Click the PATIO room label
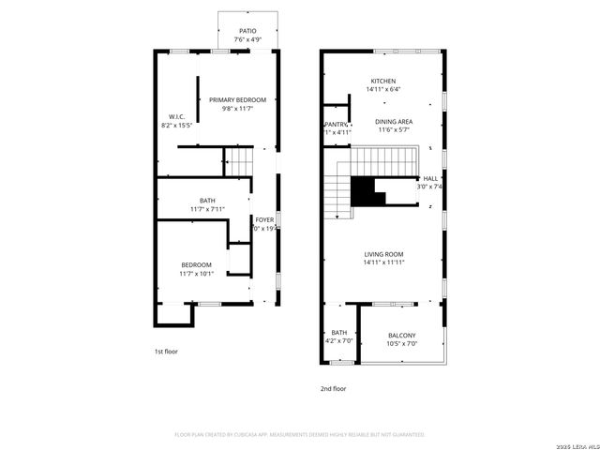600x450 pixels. coord(247,31)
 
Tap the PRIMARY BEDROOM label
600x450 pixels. coord(237,100)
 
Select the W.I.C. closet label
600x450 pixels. coord(176,117)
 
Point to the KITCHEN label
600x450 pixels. coord(382,82)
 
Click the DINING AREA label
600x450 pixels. coord(395,122)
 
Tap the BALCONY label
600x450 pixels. coord(401,336)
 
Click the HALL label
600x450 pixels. coord(430,178)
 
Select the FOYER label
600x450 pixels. coord(264,219)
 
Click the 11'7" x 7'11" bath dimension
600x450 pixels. coord(207,209)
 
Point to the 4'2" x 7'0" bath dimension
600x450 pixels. coord(338,341)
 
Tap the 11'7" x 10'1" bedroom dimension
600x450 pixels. coord(197,274)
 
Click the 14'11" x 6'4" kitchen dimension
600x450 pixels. coord(382,90)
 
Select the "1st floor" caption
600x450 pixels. coord(166,352)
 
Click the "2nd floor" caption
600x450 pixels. coord(334,388)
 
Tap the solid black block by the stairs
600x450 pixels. coord(367,192)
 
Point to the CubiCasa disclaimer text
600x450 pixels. coord(300,435)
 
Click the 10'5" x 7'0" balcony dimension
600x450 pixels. coord(401,344)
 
